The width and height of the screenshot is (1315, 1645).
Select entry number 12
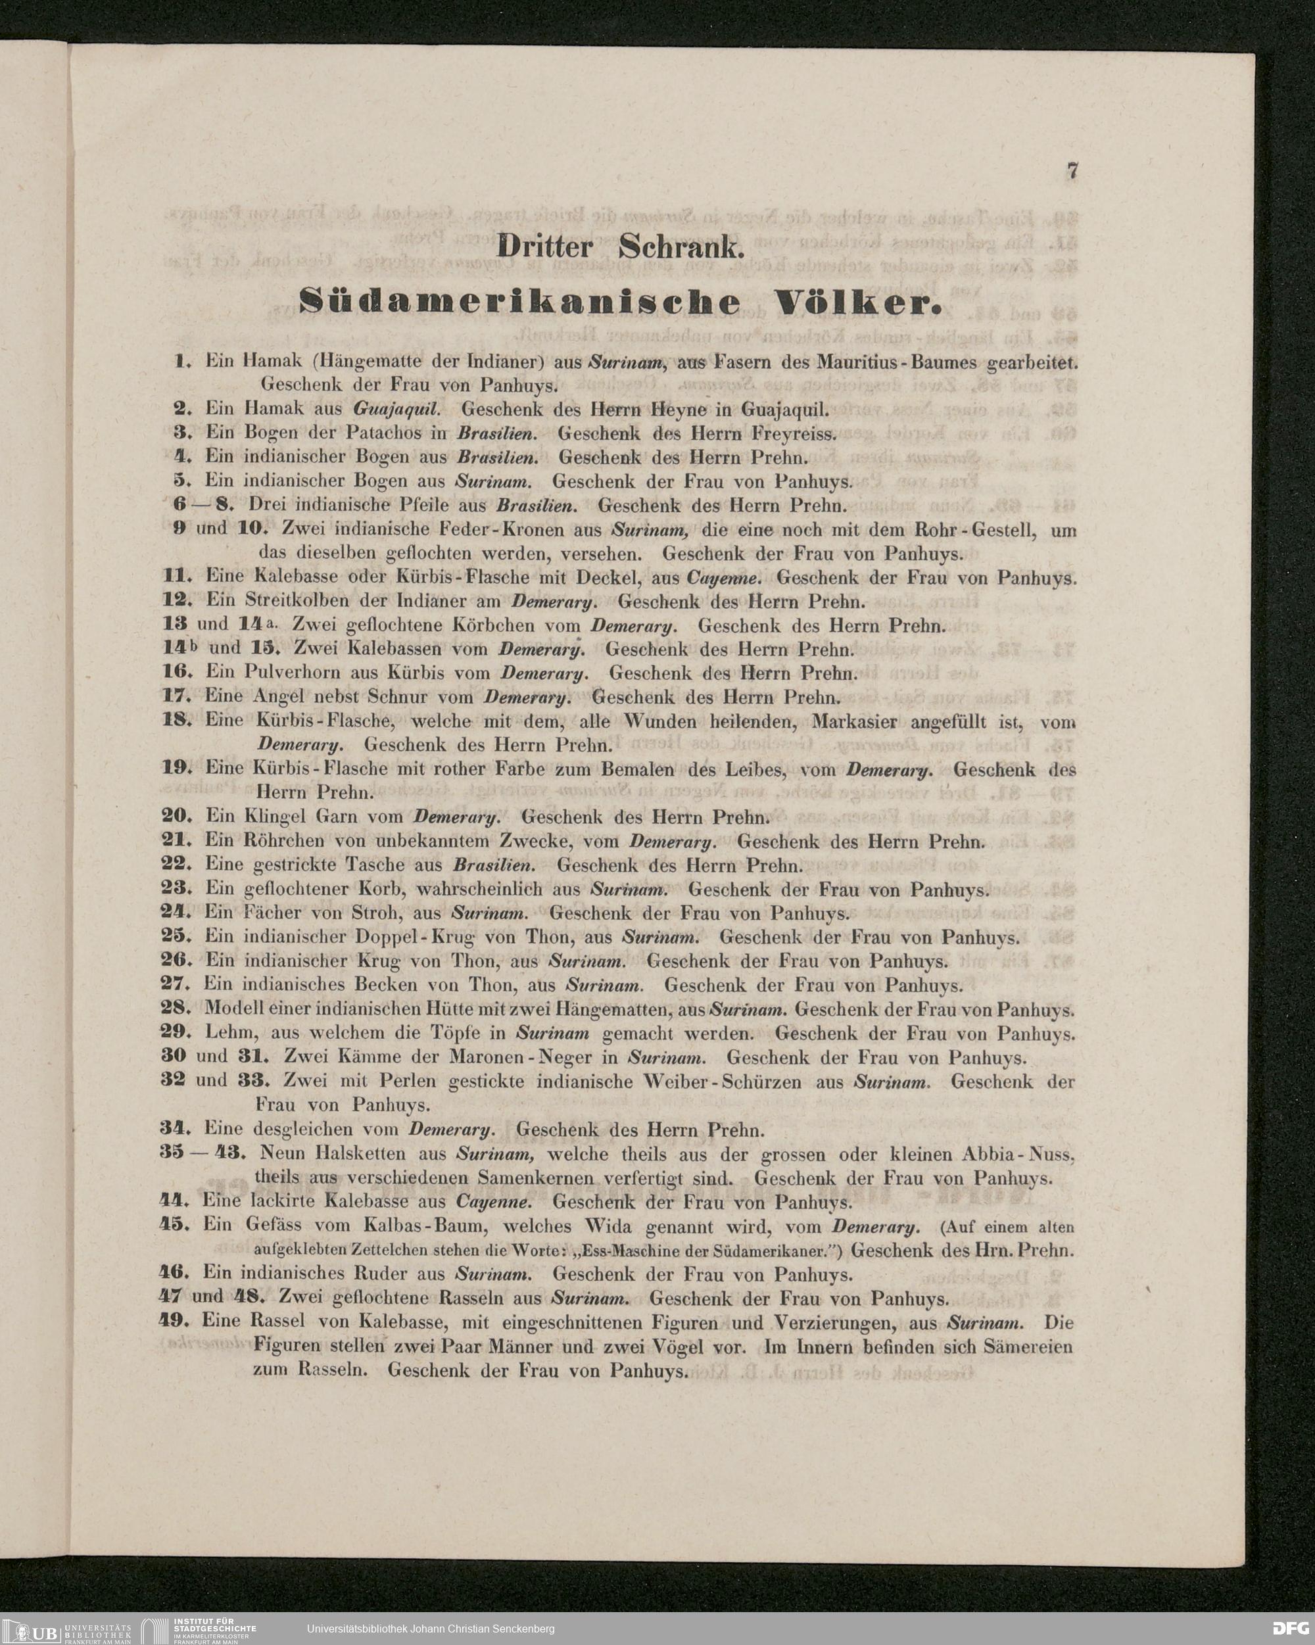click(x=176, y=600)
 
